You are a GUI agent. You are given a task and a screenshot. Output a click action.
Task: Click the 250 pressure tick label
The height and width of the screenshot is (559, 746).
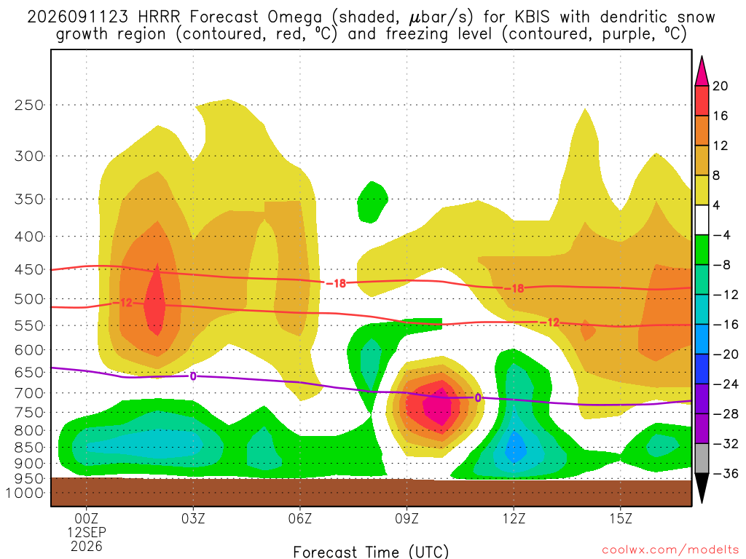29,105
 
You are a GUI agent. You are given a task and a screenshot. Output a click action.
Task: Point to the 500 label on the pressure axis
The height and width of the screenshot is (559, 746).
29,299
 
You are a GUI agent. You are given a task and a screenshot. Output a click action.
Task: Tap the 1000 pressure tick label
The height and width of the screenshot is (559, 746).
25,493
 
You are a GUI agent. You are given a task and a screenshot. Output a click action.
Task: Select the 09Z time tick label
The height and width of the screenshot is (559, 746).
407,518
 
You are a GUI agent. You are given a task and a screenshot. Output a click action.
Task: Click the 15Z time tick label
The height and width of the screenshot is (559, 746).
621,518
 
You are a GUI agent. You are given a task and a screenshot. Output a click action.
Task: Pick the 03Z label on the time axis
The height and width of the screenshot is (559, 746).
193,518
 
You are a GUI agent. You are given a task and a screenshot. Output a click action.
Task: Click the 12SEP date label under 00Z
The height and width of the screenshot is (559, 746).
87,532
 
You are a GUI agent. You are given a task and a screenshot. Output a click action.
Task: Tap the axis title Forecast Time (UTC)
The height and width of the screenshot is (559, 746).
371,552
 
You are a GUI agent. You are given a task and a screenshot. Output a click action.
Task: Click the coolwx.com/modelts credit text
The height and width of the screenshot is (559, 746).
670,550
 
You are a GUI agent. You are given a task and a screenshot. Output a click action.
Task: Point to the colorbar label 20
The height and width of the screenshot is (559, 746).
720,86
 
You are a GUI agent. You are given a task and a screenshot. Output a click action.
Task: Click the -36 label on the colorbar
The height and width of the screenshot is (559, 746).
726,473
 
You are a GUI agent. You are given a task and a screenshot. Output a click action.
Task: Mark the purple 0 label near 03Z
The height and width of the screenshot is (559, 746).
192,376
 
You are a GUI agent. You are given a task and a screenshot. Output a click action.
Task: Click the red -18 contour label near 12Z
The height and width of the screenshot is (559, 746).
514,288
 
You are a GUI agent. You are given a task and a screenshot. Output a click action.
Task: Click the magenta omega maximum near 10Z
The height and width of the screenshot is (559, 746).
438,405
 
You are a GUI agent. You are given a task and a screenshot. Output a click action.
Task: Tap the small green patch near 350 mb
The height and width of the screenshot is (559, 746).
372,202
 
